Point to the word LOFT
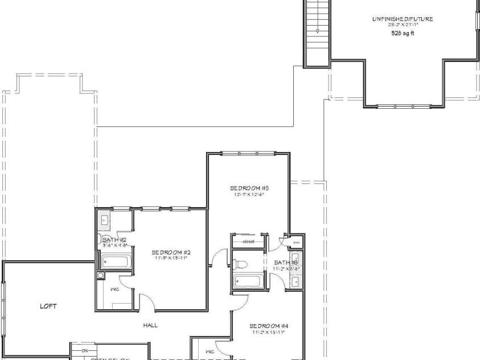48,306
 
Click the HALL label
150,325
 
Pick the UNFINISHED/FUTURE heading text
403,19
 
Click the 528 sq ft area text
403,33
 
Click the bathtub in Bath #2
116,261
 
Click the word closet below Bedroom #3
248,242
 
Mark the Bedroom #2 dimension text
170,258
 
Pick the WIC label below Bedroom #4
209,351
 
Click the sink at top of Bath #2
106,219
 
